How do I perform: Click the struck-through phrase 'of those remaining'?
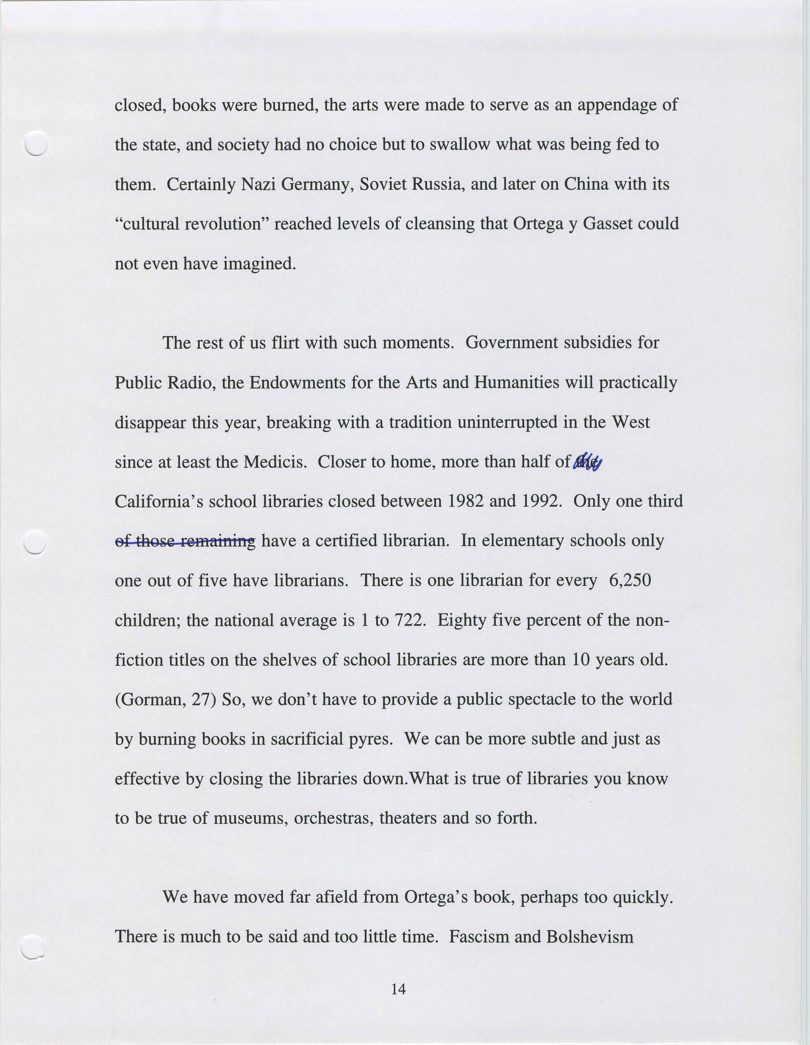186,541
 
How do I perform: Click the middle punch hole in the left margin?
35,543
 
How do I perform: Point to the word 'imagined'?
260,264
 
